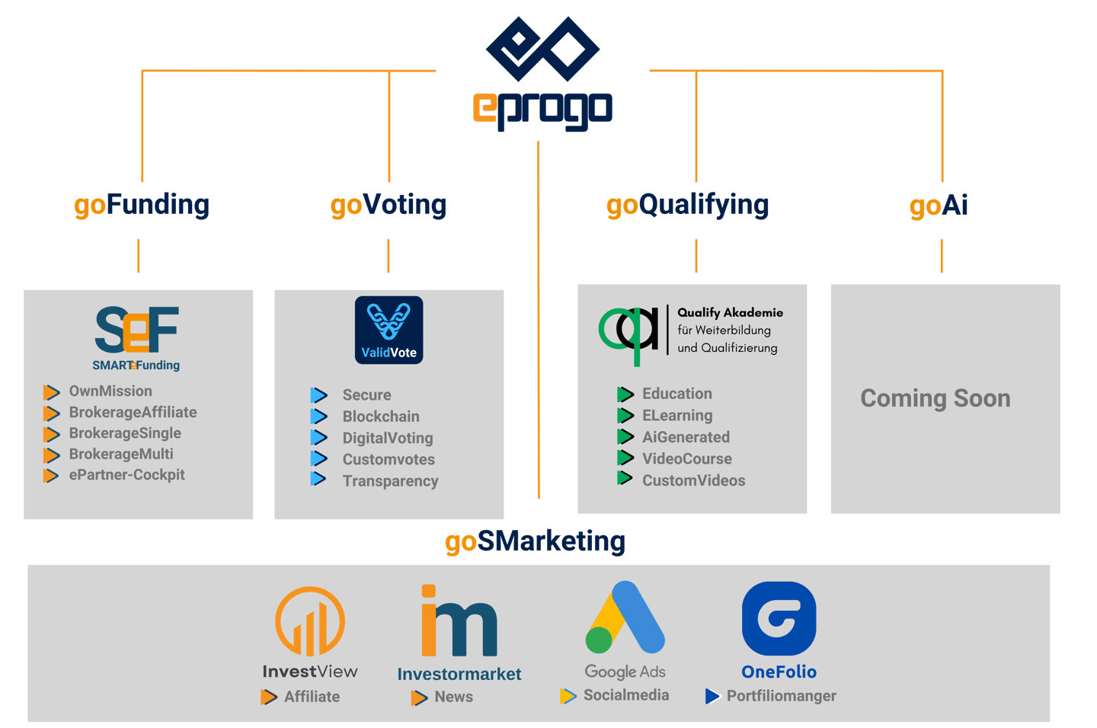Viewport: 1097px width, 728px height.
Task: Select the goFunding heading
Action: pos(142,205)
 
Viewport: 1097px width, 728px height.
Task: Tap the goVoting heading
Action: pos(389,205)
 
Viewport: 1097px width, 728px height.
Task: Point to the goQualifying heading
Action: pos(688,205)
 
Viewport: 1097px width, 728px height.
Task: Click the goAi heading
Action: pos(939,206)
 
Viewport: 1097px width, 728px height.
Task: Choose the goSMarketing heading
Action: pos(535,541)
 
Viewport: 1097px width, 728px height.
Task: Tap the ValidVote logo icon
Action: pos(389,329)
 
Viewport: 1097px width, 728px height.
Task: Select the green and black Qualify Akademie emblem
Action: pos(629,333)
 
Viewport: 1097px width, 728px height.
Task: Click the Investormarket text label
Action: pos(459,674)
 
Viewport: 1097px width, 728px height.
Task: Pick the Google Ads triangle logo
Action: pos(626,618)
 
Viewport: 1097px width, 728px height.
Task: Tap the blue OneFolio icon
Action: pos(779,618)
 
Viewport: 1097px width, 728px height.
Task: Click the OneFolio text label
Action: pos(779,672)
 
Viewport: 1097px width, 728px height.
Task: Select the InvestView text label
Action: pos(310,672)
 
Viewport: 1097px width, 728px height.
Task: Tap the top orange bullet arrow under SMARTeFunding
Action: pos(51,393)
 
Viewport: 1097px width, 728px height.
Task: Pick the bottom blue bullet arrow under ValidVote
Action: pos(318,478)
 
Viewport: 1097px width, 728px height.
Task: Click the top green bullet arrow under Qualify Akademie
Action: pos(625,394)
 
